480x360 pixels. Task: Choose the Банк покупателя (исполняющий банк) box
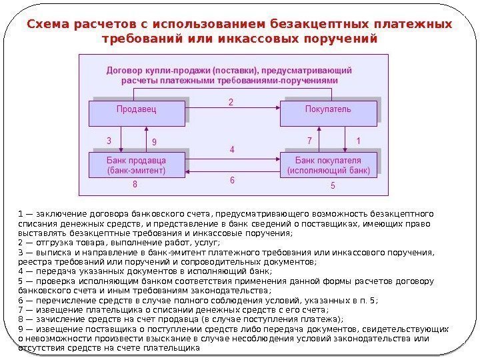[327, 165]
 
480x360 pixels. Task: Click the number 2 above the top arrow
[231, 103]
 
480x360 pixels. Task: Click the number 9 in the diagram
[154, 142]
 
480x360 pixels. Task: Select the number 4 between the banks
[232, 150]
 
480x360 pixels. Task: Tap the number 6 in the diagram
[232, 180]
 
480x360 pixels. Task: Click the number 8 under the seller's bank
[135, 184]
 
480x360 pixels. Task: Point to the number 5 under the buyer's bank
[333, 185]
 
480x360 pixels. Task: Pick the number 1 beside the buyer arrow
[358, 141]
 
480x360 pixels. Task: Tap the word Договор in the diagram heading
[123, 70]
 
